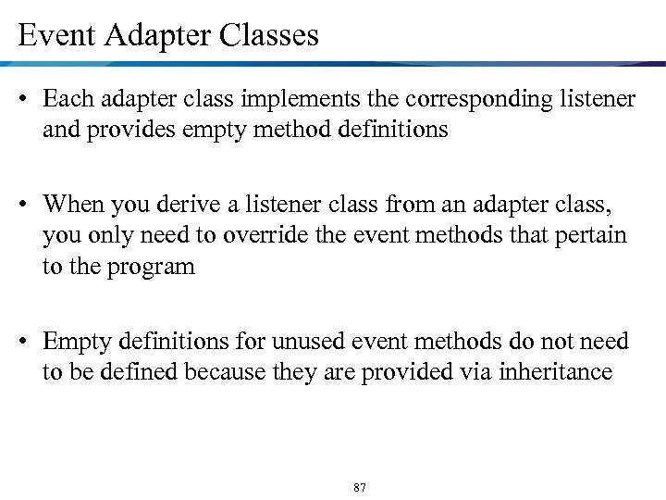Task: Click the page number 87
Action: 360,487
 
